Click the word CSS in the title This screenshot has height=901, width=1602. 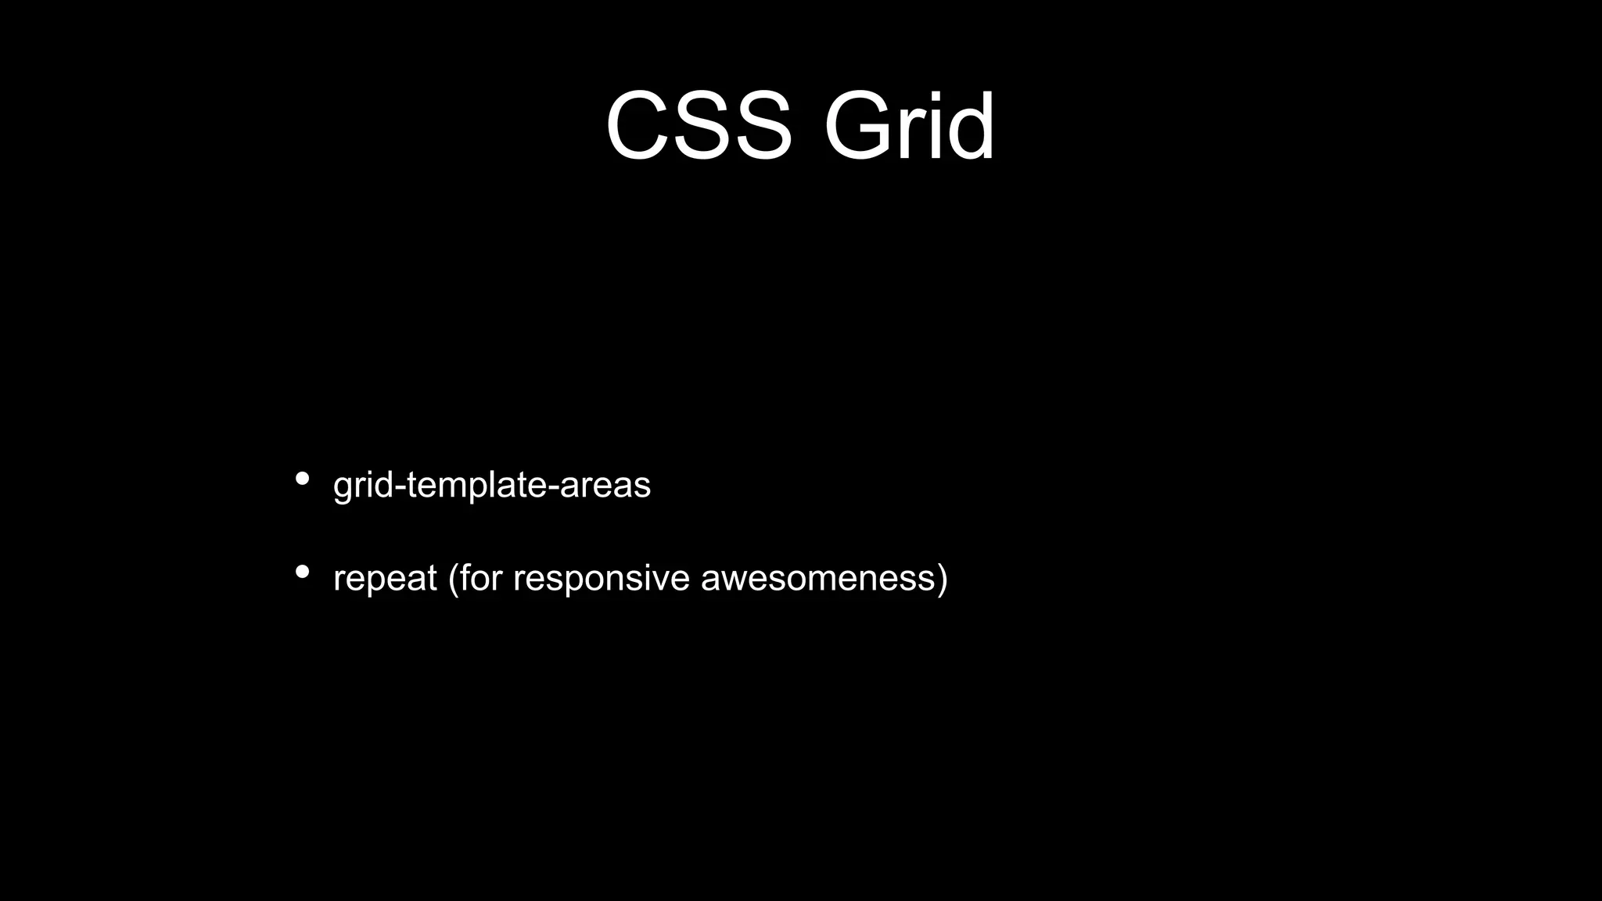(x=699, y=126)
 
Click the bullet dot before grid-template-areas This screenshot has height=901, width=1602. (x=303, y=479)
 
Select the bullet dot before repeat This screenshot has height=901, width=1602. (x=303, y=572)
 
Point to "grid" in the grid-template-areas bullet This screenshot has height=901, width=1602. (x=363, y=486)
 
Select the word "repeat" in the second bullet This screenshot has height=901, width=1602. (x=385, y=580)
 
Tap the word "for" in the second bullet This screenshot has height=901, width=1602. (x=480, y=578)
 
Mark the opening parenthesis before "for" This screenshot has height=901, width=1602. (x=453, y=579)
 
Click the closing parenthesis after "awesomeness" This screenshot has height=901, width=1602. (x=942, y=579)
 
